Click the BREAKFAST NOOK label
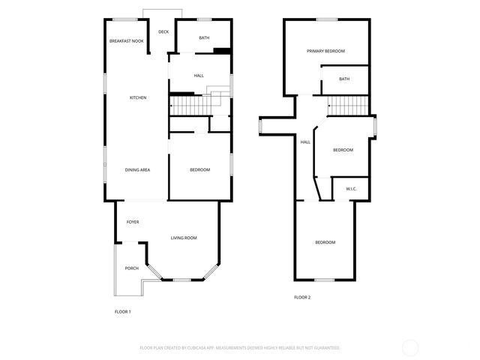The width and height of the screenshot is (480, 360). tap(126, 40)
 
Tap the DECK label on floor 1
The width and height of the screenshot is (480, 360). tap(163, 31)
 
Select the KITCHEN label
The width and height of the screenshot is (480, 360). tap(137, 97)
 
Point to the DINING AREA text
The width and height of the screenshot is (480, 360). tap(137, 170)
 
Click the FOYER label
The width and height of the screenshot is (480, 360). tap(132, 222)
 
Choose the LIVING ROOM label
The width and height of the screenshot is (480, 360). tap(184, 238)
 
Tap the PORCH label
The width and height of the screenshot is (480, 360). tap(131, 268)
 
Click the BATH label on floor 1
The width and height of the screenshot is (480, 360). tap(204, 37)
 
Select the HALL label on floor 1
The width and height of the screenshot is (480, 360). tap(199, 76)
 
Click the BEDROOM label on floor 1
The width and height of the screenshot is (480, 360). tap(199, 170)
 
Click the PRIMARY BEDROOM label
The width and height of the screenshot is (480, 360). tap(325, 51)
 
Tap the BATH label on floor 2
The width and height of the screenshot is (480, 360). tap(344, 79)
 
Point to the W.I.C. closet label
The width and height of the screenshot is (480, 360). tap(351, 189)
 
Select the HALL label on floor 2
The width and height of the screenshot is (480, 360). tap(305, 142)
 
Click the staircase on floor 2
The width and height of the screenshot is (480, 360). tap(349, 106)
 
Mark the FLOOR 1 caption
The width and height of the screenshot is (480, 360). tap(122, 311)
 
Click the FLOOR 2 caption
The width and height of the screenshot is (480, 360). tap(302, 297)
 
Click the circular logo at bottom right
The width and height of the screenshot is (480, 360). tap(410, 347)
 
